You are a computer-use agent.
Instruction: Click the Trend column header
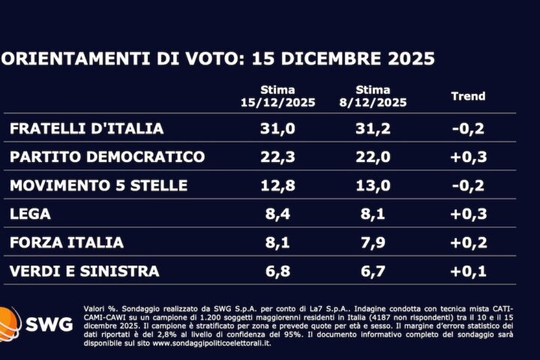tap(468, 96)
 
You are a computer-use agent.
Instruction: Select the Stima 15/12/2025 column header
tap(278, 96)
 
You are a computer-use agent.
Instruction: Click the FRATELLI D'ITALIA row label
tap(86, 128)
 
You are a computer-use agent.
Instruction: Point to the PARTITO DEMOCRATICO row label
tap(107, 157)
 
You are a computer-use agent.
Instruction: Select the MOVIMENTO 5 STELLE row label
tap(98, 185)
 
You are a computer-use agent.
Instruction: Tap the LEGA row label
tap(31, 214)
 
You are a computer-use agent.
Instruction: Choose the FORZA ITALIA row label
tap(67, 242)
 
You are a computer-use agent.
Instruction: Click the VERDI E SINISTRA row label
tap(85, 271)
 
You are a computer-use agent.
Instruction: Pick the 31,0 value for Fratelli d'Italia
tap(278, 128)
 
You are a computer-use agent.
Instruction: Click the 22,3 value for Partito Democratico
tap(278, 157)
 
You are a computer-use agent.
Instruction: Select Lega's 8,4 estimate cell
tap(278, 214)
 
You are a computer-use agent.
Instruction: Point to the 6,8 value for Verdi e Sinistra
tap(278, 271)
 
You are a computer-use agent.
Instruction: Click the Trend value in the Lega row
tap(468, 214)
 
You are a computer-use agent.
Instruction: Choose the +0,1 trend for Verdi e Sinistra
tap(468, 271)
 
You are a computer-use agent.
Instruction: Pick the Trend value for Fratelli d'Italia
tap(468, 128)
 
